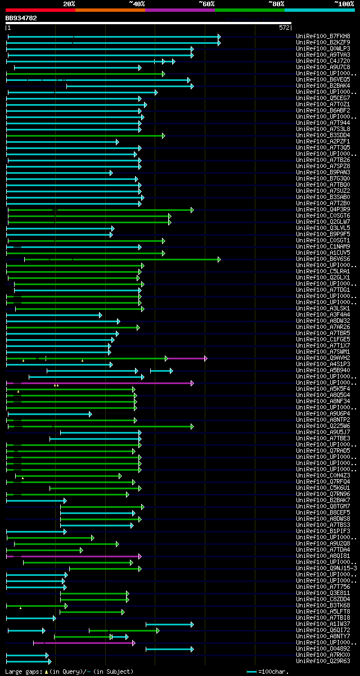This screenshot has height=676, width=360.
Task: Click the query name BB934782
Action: click(x=21, y=18)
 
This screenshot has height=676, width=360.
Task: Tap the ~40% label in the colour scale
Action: click(x=137, y=3)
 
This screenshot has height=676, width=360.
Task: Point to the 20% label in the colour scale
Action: click(x=69, y=3)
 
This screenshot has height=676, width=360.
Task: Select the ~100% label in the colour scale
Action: click(x=344, y=3)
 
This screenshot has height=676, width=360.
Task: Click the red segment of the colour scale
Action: click(x=40, y=10)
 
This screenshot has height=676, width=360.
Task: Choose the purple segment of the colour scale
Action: click(x=179, y=10)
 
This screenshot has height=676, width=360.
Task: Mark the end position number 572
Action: click(x=284, y=27)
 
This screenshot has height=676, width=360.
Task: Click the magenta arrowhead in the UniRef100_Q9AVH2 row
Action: click(x=206, y=358)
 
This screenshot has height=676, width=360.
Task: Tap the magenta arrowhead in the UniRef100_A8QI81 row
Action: click(x=139, y=556)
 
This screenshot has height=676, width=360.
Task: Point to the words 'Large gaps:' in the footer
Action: click(x=23, y=672)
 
